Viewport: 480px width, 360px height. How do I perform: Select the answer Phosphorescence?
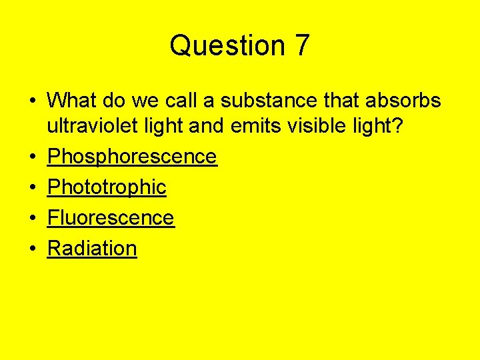(x=132, y=157)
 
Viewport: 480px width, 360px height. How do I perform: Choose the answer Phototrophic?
(x=107, y=187)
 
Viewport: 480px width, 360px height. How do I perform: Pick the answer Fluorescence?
(x=111, y=218)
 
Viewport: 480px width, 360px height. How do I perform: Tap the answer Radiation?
(x=92, y=249)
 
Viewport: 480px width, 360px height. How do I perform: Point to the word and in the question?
(x=205, y=126)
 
